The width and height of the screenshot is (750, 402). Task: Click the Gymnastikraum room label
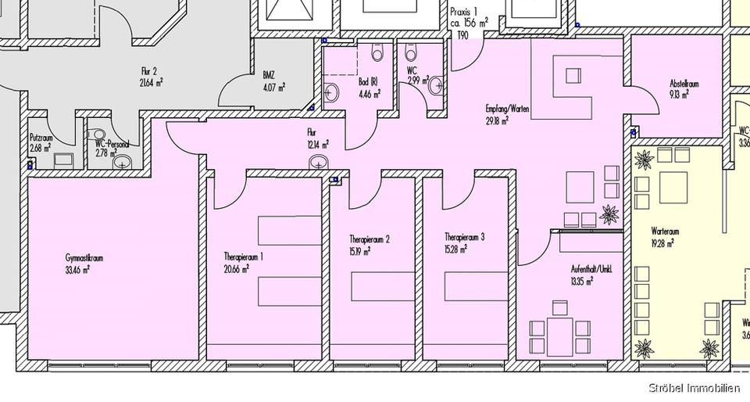(x=86, y=257)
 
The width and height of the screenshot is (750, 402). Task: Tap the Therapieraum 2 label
(x=370, y=239)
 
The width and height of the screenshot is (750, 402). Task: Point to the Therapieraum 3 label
(x=466, y=236)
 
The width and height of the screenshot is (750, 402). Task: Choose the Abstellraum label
(x=684, y=84)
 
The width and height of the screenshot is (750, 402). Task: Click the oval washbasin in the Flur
(x=318, y=163)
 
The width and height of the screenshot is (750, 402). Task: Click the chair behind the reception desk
(x=574, y=76)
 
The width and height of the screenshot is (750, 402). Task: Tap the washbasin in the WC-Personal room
(x=123, y=162)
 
